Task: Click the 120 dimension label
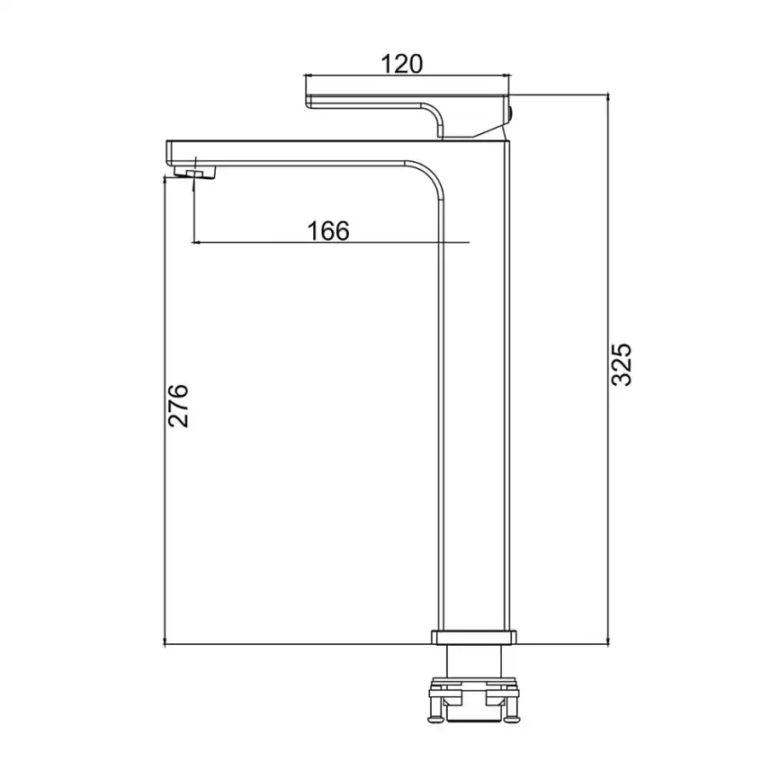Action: coord(402,64)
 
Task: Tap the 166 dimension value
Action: coord(328,231)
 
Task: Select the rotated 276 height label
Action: coord(178,406)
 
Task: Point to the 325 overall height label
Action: coord(621,364)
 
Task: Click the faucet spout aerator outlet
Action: coord(196,174)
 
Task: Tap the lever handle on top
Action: coord(407,115)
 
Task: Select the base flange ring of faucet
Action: coord(473,638)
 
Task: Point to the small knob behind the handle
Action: coord(512,113)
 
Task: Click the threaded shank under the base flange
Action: coord(473,661)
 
